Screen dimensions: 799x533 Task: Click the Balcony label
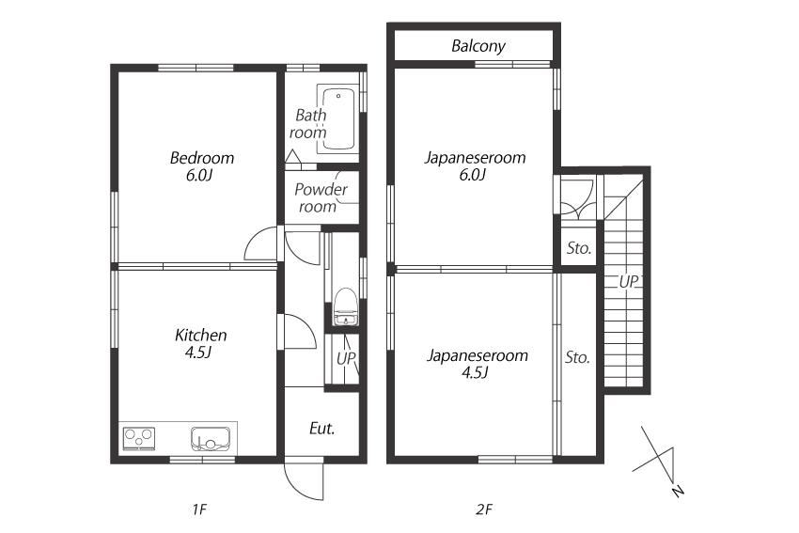click(478, 46)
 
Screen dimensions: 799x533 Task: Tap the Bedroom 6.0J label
click(202, 166)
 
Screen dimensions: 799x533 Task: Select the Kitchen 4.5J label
click(201, 343)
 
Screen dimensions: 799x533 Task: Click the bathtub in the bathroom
click(338, 118)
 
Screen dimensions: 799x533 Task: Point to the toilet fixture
click(346, 306)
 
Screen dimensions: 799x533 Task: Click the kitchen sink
click(211, 439)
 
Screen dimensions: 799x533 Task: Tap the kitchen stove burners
click(139, 439)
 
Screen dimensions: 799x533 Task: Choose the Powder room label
click(321, 197)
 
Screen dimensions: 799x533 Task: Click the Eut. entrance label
click(322, 429)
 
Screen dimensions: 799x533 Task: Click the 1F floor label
click(199, 509)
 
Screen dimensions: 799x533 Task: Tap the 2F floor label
click(484, 509)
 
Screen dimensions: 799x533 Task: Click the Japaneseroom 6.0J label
click(475, 165)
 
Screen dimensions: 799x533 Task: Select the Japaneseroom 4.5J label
click(477, 363)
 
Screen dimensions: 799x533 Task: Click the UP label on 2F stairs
click(628, 281)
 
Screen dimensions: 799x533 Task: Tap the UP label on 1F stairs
click(346, 358)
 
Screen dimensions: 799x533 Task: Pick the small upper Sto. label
click(579, 248)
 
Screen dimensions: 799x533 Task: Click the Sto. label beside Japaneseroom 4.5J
click(577, 357)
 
